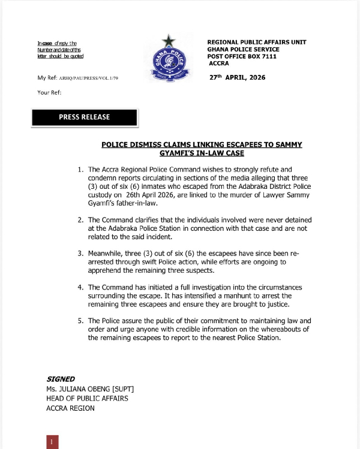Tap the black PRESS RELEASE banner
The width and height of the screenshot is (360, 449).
[85, 117]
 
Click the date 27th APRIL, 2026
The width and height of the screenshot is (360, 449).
[237, 78]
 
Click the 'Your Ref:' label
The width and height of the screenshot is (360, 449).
[49, 92]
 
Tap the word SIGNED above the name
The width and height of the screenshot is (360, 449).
[61, 379]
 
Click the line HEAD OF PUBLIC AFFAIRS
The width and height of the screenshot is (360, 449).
[87, 399]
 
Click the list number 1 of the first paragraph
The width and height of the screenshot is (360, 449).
[80, 170]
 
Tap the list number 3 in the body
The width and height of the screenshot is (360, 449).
[80, 254]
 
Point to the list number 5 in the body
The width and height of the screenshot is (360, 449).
[80, 321]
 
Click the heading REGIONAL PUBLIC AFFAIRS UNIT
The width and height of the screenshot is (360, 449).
[256, 42]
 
